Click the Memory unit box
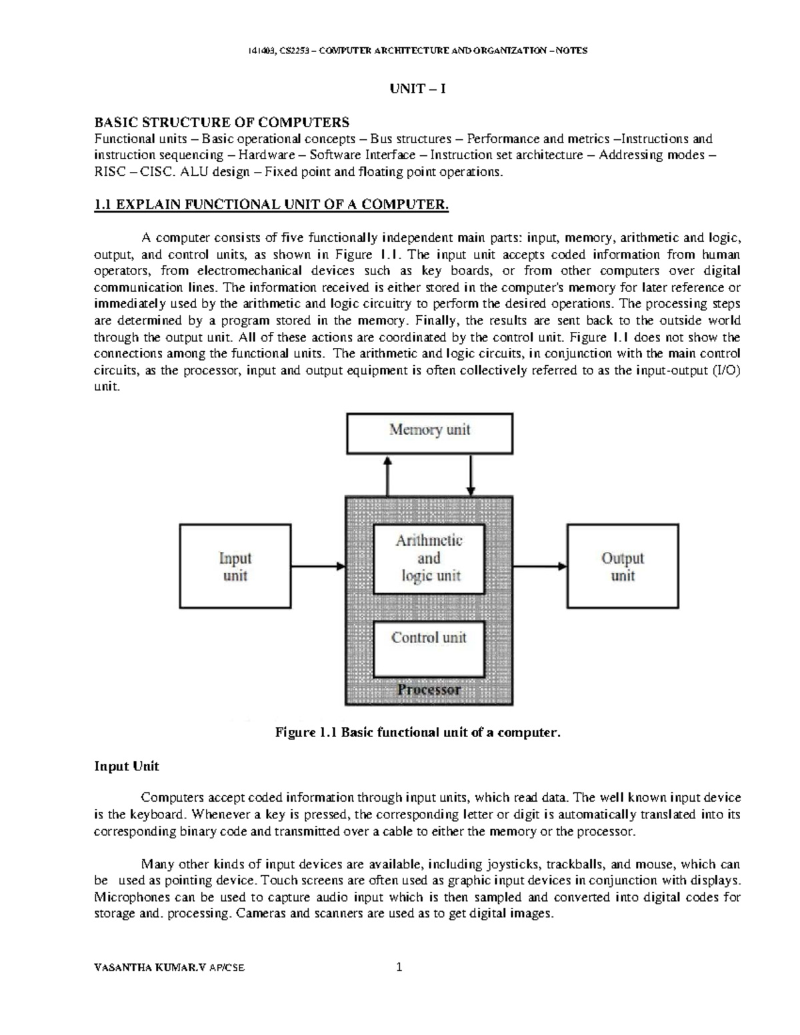(x=429, y=433)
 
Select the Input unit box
(x=235, y=566)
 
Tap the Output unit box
(x=623, y=566)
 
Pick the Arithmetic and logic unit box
(x=429, y=558)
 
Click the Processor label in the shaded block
(x=429, y=690)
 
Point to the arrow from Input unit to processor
(x=318, y=566)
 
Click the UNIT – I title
(x=417, y=89)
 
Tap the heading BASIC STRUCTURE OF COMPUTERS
(x=221, y=122)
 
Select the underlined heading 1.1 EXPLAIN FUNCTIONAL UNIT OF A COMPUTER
(x=272, y=205)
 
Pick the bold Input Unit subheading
(x=127, y=766)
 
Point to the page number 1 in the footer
(x=399, y=967)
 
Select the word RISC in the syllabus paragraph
(x=109, y=172)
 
